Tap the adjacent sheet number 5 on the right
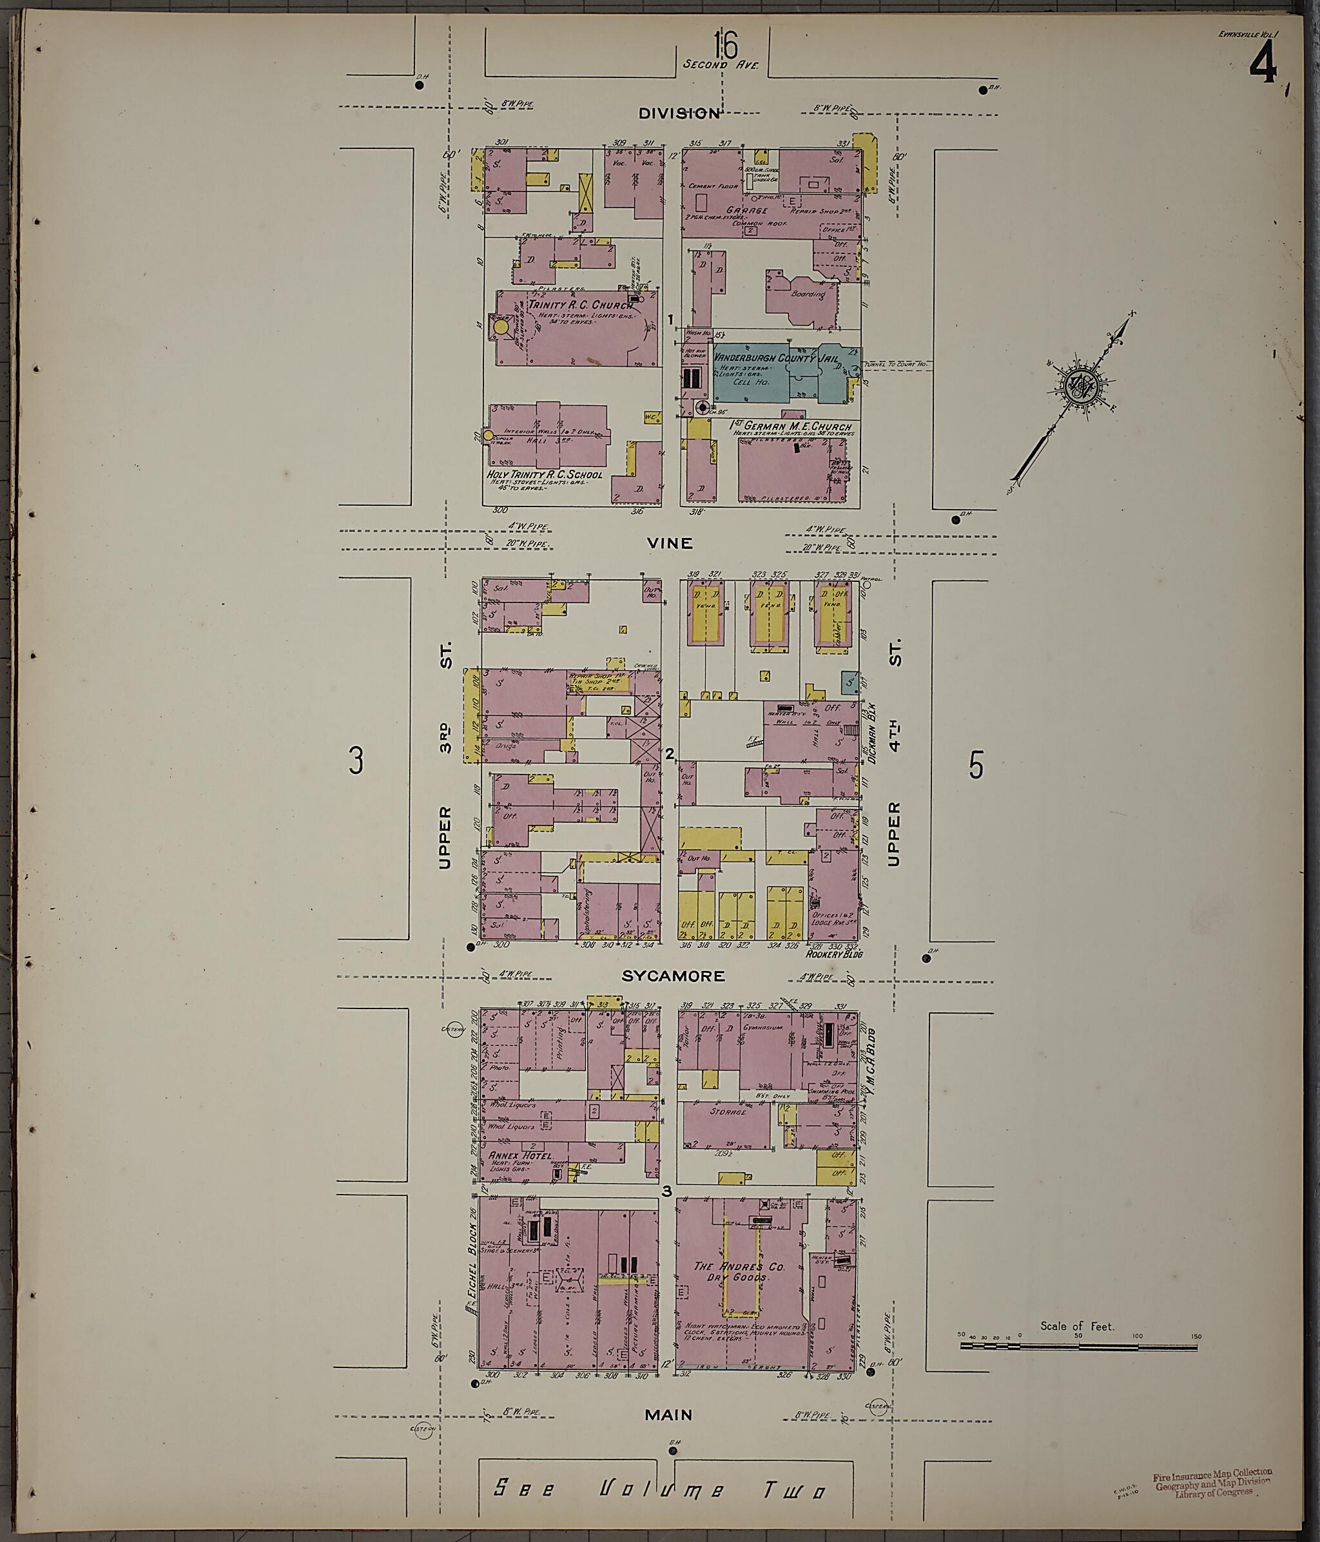[976, 764]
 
